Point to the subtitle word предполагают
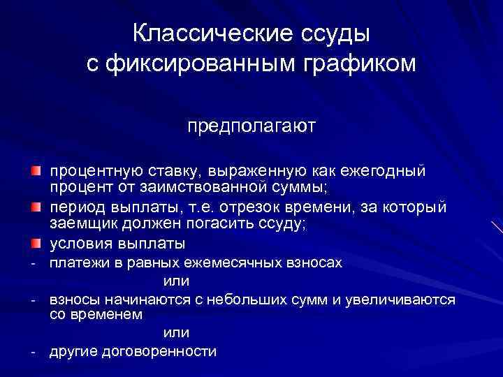tap(251, 127)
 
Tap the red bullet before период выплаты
tap(36, 207)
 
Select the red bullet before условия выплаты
tap(36, 244)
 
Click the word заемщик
tap(80, 224)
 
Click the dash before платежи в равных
tap(33, 264)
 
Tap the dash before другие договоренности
tap(33, 352)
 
